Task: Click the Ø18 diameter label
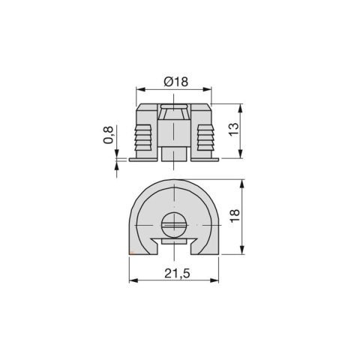(x=175, y=82)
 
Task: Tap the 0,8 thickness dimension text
(x=109, y=135)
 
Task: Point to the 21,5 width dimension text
(x=176, y=274)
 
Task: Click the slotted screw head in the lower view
(x=174, y=224)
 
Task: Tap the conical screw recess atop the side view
(x=174, y=115)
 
